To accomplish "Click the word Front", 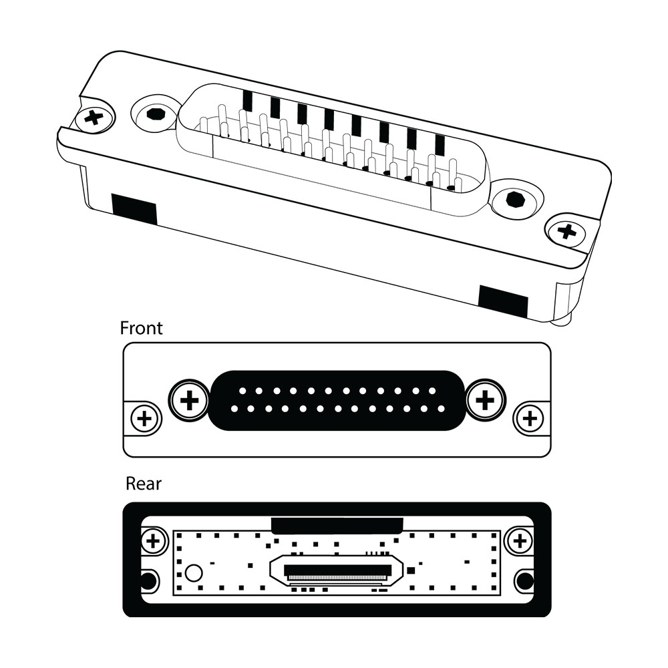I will click(141, 328).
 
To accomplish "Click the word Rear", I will click(143, 483).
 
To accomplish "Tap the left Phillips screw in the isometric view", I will click(95, 119).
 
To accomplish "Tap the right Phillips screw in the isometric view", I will click(566, 232).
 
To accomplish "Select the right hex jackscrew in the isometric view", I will click(515, 199).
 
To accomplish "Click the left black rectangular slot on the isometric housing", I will click(134, 208).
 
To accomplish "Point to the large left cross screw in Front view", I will click(190, 401).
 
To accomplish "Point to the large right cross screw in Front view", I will click(486, 401).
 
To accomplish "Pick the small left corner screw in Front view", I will click(144, 420).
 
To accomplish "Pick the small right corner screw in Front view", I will click(530, 420).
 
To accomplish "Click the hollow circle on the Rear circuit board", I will click(194, 572).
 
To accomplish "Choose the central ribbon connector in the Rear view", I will click(337, 571).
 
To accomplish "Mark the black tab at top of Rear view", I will click(337, 524).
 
